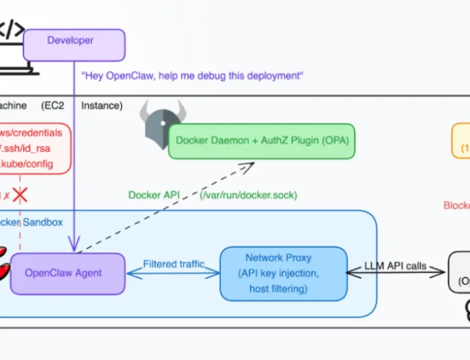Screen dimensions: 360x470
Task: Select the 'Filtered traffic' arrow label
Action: (173, 265)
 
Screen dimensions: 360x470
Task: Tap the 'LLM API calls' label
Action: (396, 266)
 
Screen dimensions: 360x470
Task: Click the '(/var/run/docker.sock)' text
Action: (248, 195)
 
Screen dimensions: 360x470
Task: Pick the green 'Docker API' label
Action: (154, 195)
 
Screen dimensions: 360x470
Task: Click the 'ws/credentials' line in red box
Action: (30, 133)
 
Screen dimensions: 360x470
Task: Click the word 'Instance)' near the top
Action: (102, 106)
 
